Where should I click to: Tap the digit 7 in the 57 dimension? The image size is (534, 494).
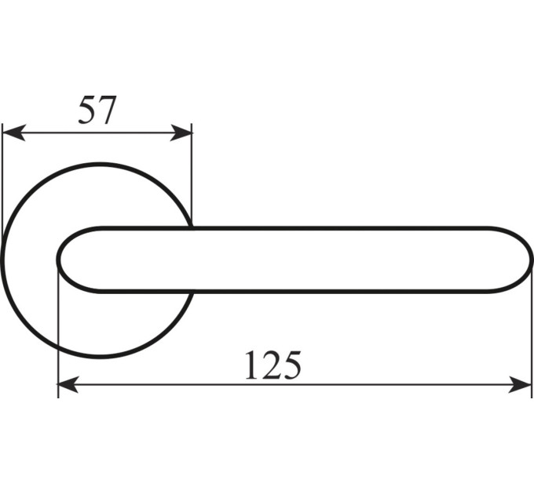(106, 110)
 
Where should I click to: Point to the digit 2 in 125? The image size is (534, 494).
(271, 365)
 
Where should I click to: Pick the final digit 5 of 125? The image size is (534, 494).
(292, 365)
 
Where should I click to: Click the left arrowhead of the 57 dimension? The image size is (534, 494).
(13, 133)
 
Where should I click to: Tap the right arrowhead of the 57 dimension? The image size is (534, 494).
(181, 133)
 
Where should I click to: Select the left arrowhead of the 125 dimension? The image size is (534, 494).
(68, 384)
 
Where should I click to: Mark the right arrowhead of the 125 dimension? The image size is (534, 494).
(520, 384)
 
